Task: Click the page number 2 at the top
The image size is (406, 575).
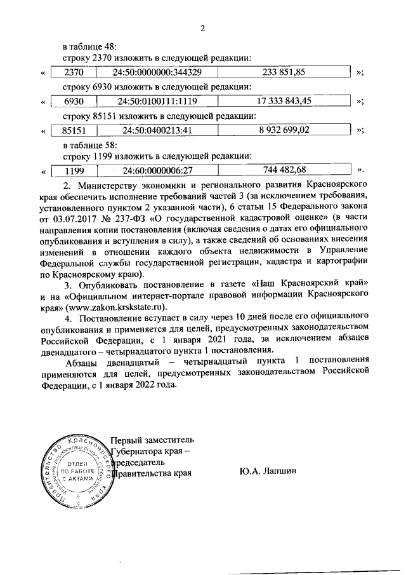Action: pyautogui.click(x=203, y=27)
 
